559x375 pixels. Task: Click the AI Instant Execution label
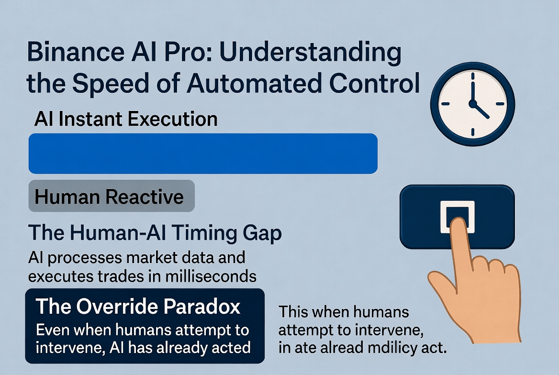[126, 119]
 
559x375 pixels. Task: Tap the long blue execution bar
[203, 154]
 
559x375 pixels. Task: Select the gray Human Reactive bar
[112, 196]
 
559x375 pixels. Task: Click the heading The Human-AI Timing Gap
[155, 233]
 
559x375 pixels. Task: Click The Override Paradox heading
[138, 306]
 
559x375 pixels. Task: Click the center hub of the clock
[473, 104]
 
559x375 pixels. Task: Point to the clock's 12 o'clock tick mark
[473, 76]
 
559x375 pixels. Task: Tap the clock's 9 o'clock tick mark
[446, 104]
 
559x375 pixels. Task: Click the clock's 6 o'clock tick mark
[473, 132]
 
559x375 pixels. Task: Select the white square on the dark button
[458, 217]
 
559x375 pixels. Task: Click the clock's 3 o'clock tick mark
[500, 104]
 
